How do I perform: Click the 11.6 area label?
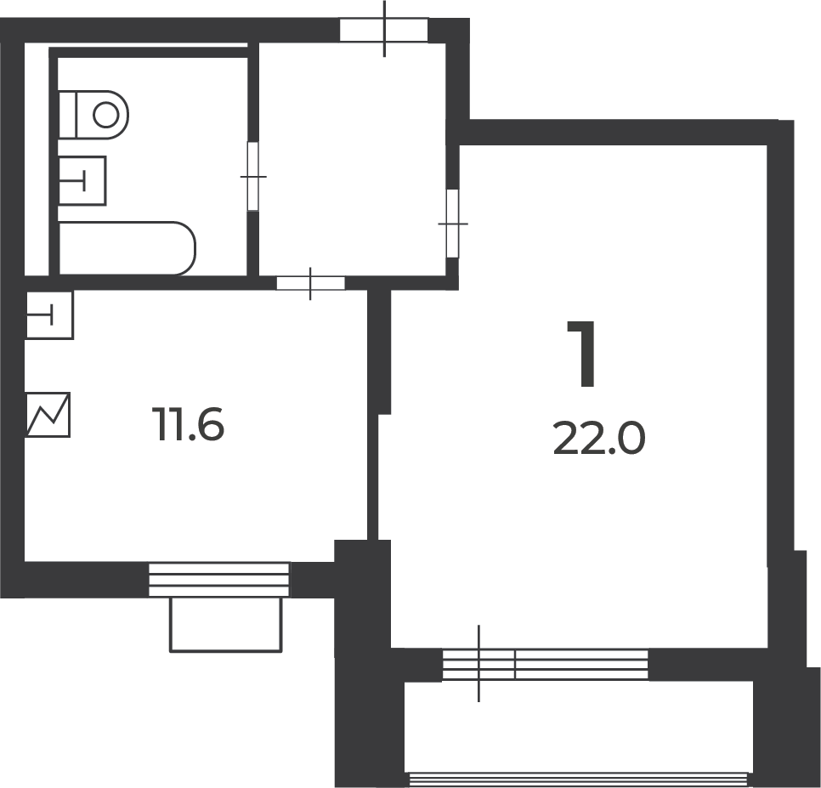188,424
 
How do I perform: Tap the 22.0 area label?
599,439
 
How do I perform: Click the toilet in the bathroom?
93,115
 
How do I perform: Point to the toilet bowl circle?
105,115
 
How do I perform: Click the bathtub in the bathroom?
127,248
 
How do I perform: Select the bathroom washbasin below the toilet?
82,181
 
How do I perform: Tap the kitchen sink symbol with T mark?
49,315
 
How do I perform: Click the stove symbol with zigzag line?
48,415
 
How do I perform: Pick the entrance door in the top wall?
384,30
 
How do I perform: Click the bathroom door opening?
253,177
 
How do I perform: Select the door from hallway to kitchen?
310,283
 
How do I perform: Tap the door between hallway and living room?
452,224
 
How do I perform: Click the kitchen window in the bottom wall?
219,580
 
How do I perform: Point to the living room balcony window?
545,665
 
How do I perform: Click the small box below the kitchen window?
226,625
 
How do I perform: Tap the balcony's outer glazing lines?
578,779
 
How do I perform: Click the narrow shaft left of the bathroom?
37,159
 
